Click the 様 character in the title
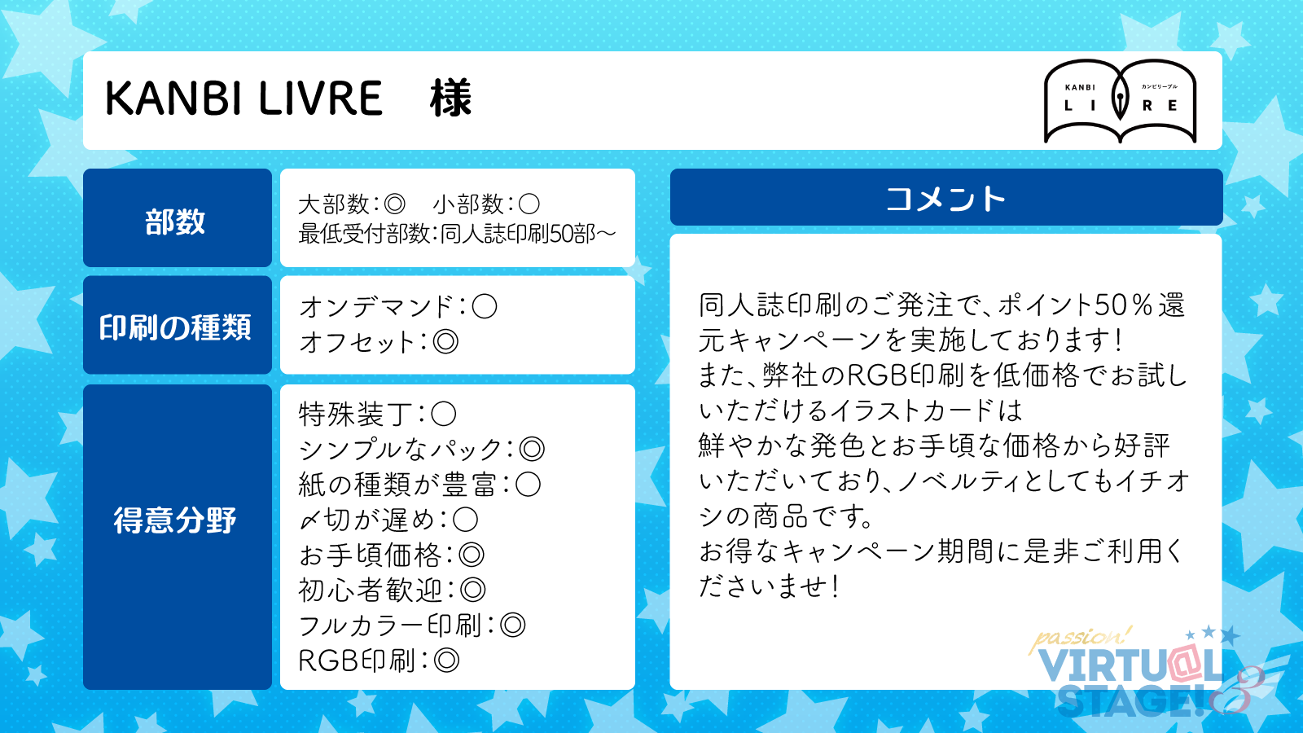[451, 99]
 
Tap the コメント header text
[945, 199]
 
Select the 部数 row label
[175, 222]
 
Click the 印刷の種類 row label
[175, 327]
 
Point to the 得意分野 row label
[175, 520]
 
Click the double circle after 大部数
[394, 204]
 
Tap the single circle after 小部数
[529, 204]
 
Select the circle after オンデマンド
[484, 306]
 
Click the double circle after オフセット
[445, 342]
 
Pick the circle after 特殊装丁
[443, 415]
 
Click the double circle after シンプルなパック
[532, 449]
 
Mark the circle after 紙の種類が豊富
[529, 485]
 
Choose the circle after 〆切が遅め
[465, 520]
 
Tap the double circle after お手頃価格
[472, 555]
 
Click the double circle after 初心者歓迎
[472, 590]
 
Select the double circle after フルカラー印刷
[512, 625]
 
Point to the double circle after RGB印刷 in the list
[447, 661]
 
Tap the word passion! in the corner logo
[1080, 639]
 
